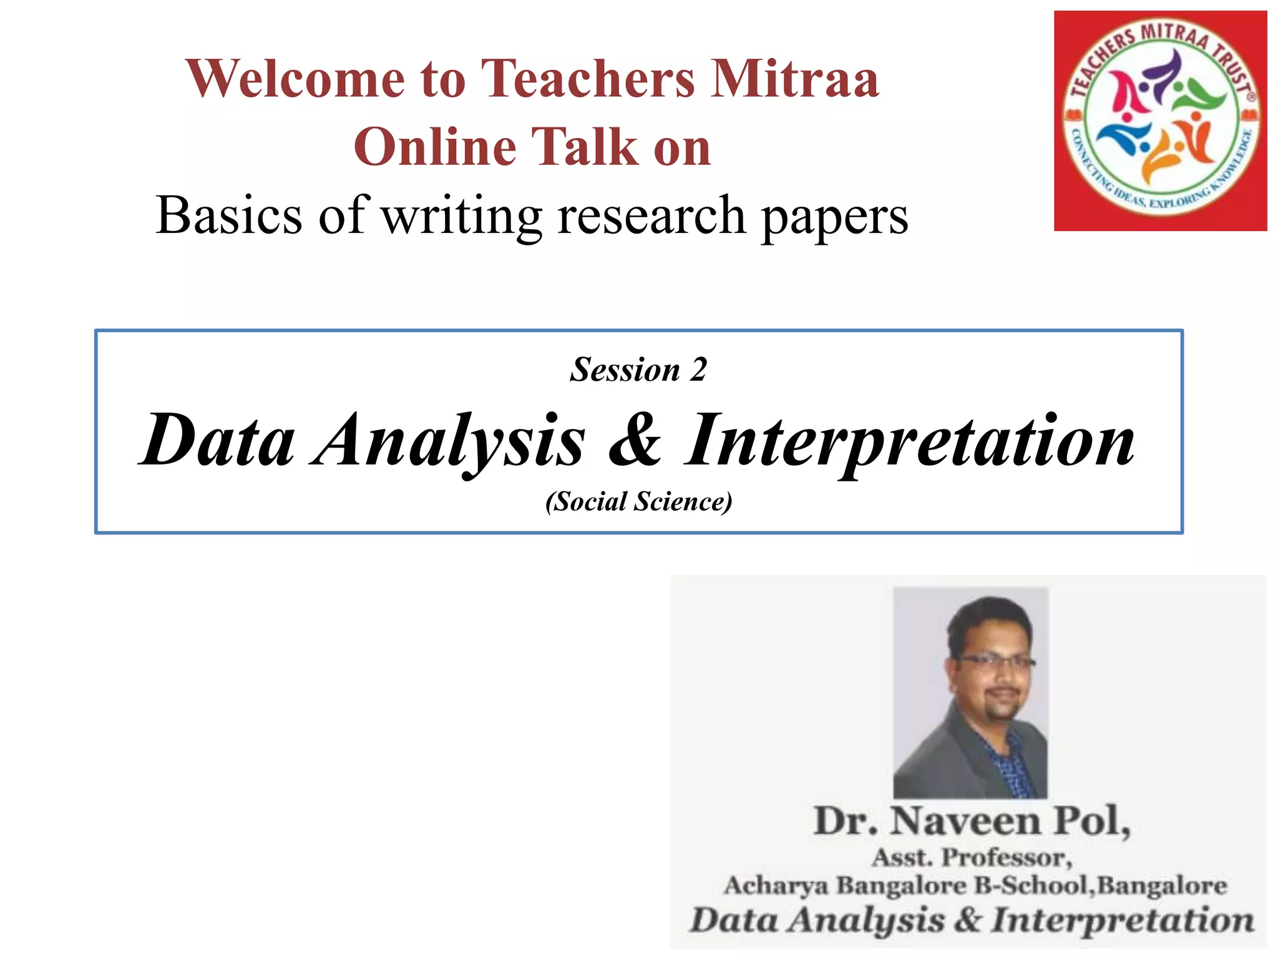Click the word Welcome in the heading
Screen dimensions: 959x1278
pos(295,79)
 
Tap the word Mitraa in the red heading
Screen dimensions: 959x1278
pos(795,79)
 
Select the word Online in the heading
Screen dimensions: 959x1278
pos(435,147)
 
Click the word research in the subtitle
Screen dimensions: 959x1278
pos(651,215)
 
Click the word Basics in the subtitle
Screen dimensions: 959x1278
pos(229,215)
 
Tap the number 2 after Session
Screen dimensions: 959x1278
pos(698,370)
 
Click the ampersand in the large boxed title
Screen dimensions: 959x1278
pos(635,440)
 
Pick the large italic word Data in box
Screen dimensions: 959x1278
pos(217,441)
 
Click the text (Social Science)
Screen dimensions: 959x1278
pos(638,501)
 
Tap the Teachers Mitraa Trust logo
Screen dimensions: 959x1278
pos(1160,120)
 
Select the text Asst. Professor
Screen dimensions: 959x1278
pos(972,857)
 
